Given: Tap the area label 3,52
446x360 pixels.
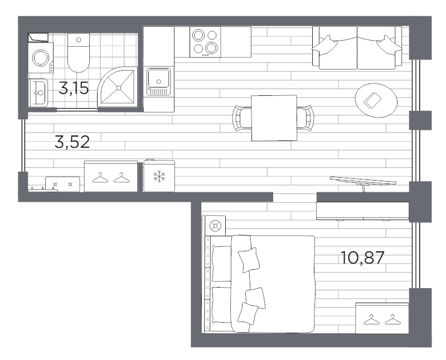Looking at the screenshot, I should pos(72,142).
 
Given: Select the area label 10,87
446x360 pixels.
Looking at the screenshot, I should pos(363,257).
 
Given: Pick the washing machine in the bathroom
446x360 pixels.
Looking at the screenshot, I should pos(40,58).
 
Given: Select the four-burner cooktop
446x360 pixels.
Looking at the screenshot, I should pos(205,42).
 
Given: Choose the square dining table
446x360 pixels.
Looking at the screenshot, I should pos(273,118).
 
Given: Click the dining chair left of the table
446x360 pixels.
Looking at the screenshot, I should pos(241,118).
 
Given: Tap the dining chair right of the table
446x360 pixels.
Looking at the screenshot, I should pos(305,118).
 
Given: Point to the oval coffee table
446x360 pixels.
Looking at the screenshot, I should pos(376,100).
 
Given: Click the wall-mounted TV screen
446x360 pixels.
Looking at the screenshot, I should pos(363,181).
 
